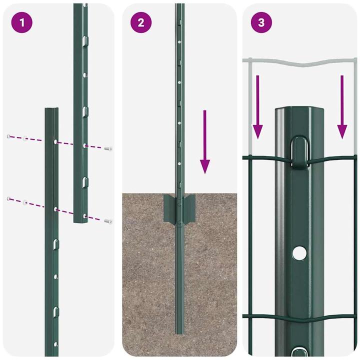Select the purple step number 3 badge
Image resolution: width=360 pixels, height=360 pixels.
[x=261, y=23]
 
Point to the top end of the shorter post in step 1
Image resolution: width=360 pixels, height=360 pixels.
[x=51, y=109]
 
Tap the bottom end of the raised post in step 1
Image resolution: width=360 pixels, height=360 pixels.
[x=80, y=220]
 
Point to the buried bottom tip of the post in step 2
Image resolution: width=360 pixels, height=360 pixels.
[x=178, y=331]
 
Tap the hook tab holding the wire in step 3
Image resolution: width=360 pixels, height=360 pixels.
[x=299, y=151]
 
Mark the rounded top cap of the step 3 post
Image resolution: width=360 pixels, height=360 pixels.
[x=299, y=111]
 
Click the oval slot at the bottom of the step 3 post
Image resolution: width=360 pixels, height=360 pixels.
[x=299, y=352]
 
